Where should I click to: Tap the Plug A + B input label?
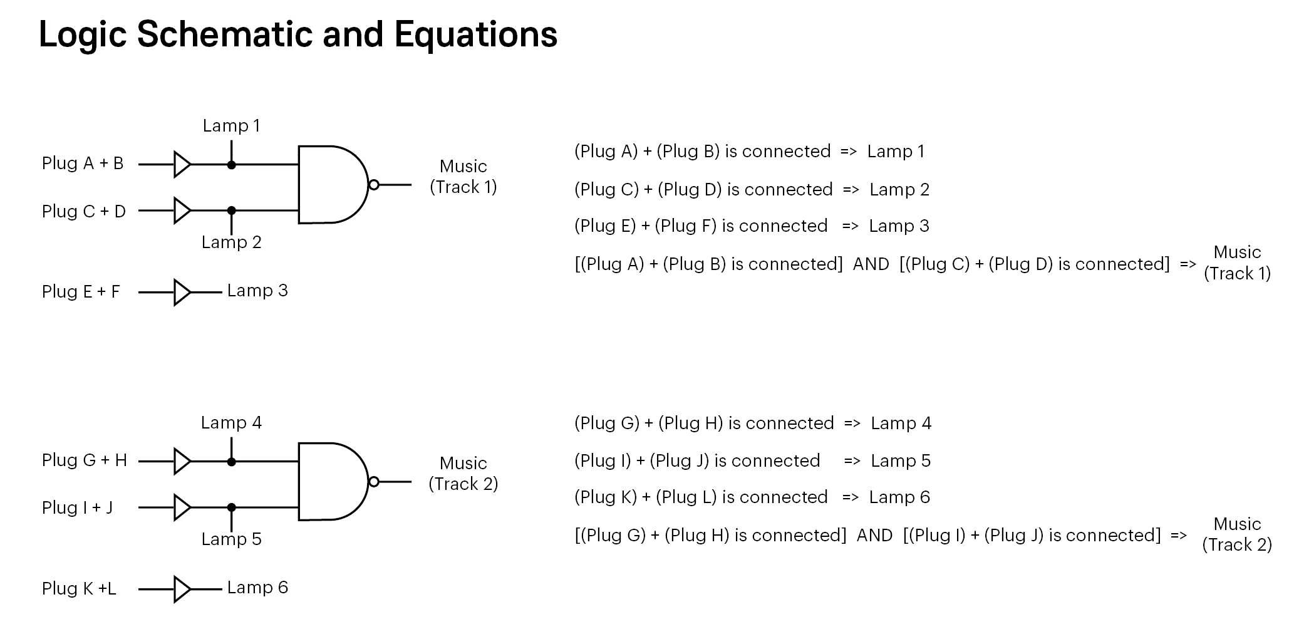(x=83, y=164)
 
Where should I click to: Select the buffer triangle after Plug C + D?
(x=182, y=210)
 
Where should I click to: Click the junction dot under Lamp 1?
(x=232, y=165)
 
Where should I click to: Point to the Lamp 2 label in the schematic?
(x=231, y=242)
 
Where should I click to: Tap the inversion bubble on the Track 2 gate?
(x=374, y=482)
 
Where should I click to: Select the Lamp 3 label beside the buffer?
(x=257, y=291)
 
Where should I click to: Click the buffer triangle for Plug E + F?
(x=182, y=293)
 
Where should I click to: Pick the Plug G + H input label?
(x=85, y=460)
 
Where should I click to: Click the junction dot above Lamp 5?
(x=232, y=507)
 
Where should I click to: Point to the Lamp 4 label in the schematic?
(x=231, y=423)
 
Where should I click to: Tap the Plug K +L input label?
(x=79, y=589)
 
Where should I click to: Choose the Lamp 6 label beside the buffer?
(x=257, y=588)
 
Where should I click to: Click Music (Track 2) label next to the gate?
(x=463, y=474)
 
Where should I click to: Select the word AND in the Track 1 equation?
(x=871, y=264)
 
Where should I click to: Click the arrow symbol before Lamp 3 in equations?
(x=851, y=227)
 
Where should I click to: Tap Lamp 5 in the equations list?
(x=901, y=461)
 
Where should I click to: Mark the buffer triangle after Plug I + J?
(x=182, y=507)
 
